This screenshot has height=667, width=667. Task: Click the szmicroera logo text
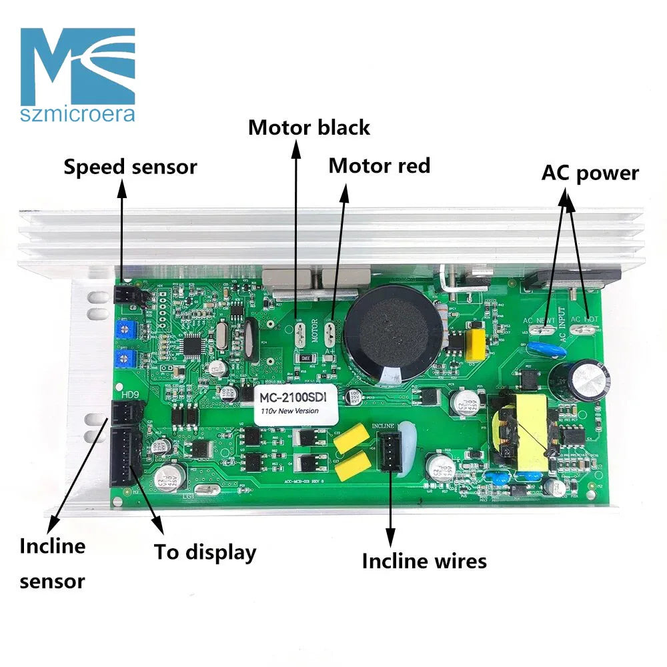pyautogui.click(x=78, y=114)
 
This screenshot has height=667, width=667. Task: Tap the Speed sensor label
pyautogui.click(x=130, y=167)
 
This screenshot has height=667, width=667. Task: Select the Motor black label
pyautogui.click(x=309, y=127)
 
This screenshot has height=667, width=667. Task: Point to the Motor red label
pyautogui.click(x=379, y=165)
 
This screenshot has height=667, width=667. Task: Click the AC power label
pyautogui.click(x=590, y=173)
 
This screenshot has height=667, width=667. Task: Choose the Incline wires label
pyautogui.click(x=424, y=561)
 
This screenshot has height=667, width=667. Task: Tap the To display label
pyautogui.click(x=205, y=552)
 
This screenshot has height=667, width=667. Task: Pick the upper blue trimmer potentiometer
pyautogui.click(x=123, y=329)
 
